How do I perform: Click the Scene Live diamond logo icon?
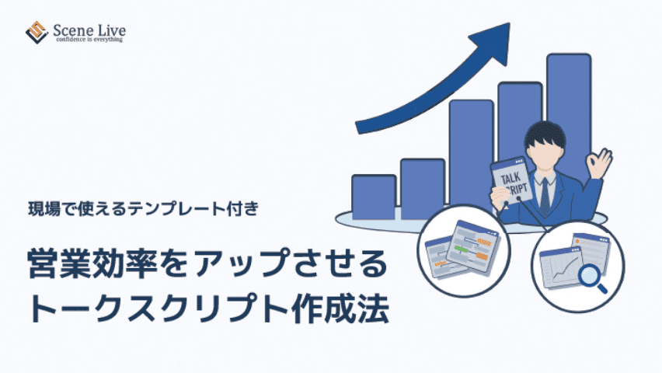[37, 33]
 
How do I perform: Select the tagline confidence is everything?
[89, 40]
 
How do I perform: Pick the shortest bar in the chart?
[374, 197]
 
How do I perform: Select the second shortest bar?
[423, 189]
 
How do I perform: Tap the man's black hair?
[545, 134]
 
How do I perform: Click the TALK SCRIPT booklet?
[511, 181]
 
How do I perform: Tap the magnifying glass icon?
[592, 278]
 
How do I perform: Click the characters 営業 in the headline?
[59, 264]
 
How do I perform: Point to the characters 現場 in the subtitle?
[44, 209]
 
